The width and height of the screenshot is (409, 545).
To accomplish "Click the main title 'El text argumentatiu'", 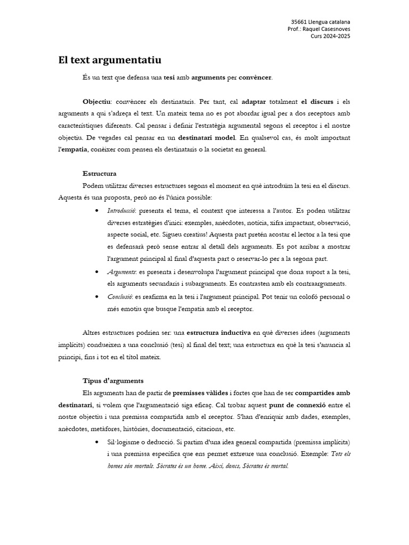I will click(x=110, y=60).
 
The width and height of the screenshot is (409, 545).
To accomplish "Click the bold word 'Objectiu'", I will click(x=96, y=101).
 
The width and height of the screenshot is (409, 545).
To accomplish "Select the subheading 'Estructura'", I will click(x=100, y=174).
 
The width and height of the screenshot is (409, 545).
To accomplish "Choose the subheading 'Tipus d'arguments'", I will click(x=113, y=381).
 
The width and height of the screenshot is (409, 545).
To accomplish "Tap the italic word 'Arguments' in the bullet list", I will click(x=121, y=271).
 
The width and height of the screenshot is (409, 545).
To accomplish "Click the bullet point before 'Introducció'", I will click(x=96, y=210).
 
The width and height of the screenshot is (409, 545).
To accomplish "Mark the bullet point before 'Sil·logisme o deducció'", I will click(x=96, y=442).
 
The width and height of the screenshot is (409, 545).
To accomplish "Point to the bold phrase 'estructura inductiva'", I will click(x=219, y=333).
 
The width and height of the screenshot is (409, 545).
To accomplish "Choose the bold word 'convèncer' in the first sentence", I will click(x=255, y=77).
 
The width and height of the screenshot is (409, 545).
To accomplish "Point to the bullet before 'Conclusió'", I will click(x=96, y=296).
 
